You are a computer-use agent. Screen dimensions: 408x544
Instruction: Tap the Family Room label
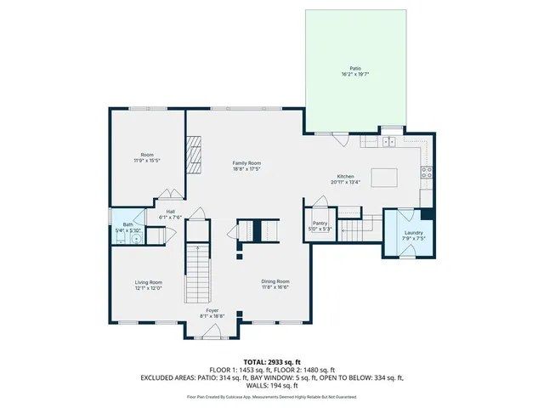(x=246, y=162)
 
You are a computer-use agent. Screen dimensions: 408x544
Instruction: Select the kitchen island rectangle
(x=385, y=178)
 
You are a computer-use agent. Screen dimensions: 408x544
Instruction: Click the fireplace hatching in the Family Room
(x=195, y=156)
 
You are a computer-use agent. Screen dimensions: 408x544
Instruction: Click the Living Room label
(x=148, y=281)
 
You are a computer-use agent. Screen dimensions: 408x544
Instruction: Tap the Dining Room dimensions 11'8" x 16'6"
(x=275, y=287)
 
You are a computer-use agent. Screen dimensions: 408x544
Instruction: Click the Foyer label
(x=212, y=310)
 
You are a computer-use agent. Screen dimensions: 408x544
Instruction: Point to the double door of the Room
(x=173, y=195)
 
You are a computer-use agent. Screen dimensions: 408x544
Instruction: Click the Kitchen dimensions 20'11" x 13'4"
(x=346, y=182)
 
